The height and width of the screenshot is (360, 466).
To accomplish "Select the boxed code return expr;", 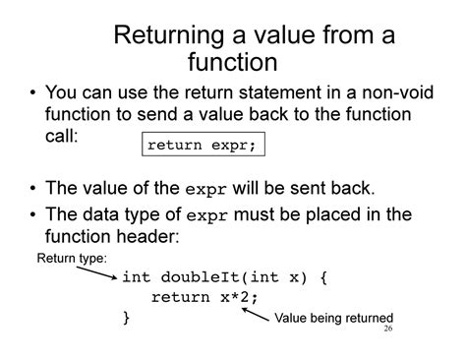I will pyautogui.click(x=200, y=146).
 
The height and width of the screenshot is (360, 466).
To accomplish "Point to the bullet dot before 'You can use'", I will pyautogui.click(x=33, y=95).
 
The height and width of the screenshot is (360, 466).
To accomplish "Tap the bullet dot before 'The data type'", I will pyautogui.click(x=33, y=214).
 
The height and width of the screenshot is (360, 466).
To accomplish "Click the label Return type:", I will pyautogui.click(x=72, y=259).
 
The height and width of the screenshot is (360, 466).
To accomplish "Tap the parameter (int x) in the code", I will pyautogui.click(x=269, y=276).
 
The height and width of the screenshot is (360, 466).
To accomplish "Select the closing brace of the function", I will pyautogui.click(x=126, y=318).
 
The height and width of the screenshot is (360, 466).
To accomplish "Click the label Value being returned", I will pyautogui.click(x=333, y=318).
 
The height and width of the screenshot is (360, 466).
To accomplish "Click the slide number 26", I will pyautogui.click(x=387, y=330).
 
